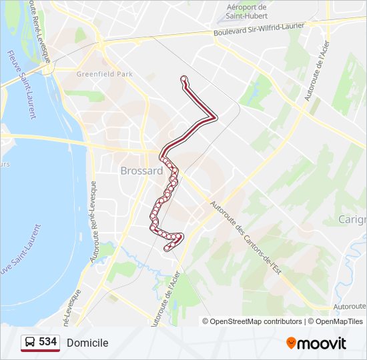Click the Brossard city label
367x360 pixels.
[141, 171]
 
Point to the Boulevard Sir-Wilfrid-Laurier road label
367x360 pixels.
[259, 29]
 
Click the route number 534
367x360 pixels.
[47, 342]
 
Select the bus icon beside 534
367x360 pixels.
[30, 342]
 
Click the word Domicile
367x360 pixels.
[87, 343]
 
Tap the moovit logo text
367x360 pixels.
[322, 343]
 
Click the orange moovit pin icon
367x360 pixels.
[291, 343]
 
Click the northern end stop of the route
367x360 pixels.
[183, 79]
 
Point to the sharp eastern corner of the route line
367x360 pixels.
[215, 117]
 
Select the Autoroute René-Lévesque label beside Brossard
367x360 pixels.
[95, 220]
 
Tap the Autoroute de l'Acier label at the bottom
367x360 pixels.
[165, 300]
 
